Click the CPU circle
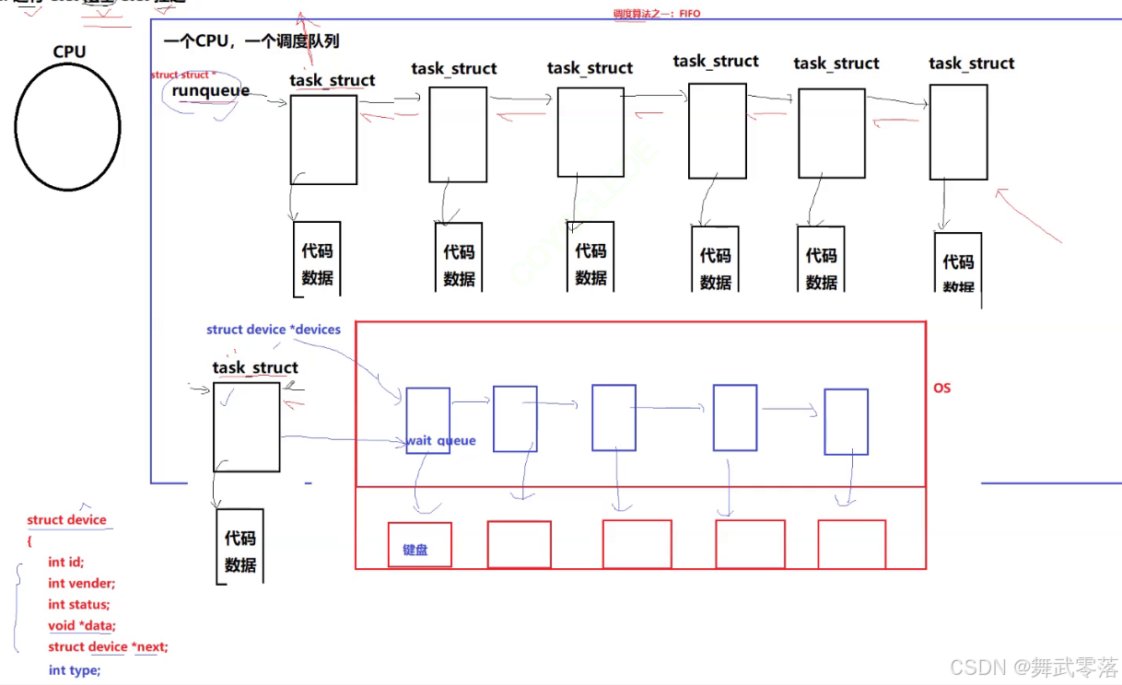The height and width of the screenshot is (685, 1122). (x=67, y=126)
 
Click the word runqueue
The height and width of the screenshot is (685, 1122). (x=210, y=91)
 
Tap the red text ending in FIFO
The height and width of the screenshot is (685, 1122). (x=657, y=14)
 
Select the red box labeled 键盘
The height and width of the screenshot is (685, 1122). (x=419, y=544)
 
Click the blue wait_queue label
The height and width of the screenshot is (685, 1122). (x=441, y=441)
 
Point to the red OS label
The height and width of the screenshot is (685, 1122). (x=941, y=389)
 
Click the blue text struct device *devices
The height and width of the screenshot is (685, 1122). (x=274, y=330)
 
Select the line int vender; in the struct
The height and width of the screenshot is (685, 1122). (x=82, y=583)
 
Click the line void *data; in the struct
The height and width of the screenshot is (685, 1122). (x=82, y=625)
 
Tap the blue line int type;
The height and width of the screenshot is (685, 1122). (x=75, y=670)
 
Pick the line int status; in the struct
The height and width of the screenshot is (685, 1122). (x=79, y=604)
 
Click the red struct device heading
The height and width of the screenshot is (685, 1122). (x=66, y=520)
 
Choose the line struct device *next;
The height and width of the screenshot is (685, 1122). (x=108, y=647)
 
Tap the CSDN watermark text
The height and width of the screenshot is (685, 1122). (x=1034, y=668)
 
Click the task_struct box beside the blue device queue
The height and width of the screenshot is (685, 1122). (x=246, y=427)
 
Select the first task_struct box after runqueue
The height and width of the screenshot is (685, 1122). (x=323, y=140)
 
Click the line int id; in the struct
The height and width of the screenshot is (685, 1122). (x=66, y=562)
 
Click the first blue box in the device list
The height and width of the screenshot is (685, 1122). (x=427, y=420)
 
